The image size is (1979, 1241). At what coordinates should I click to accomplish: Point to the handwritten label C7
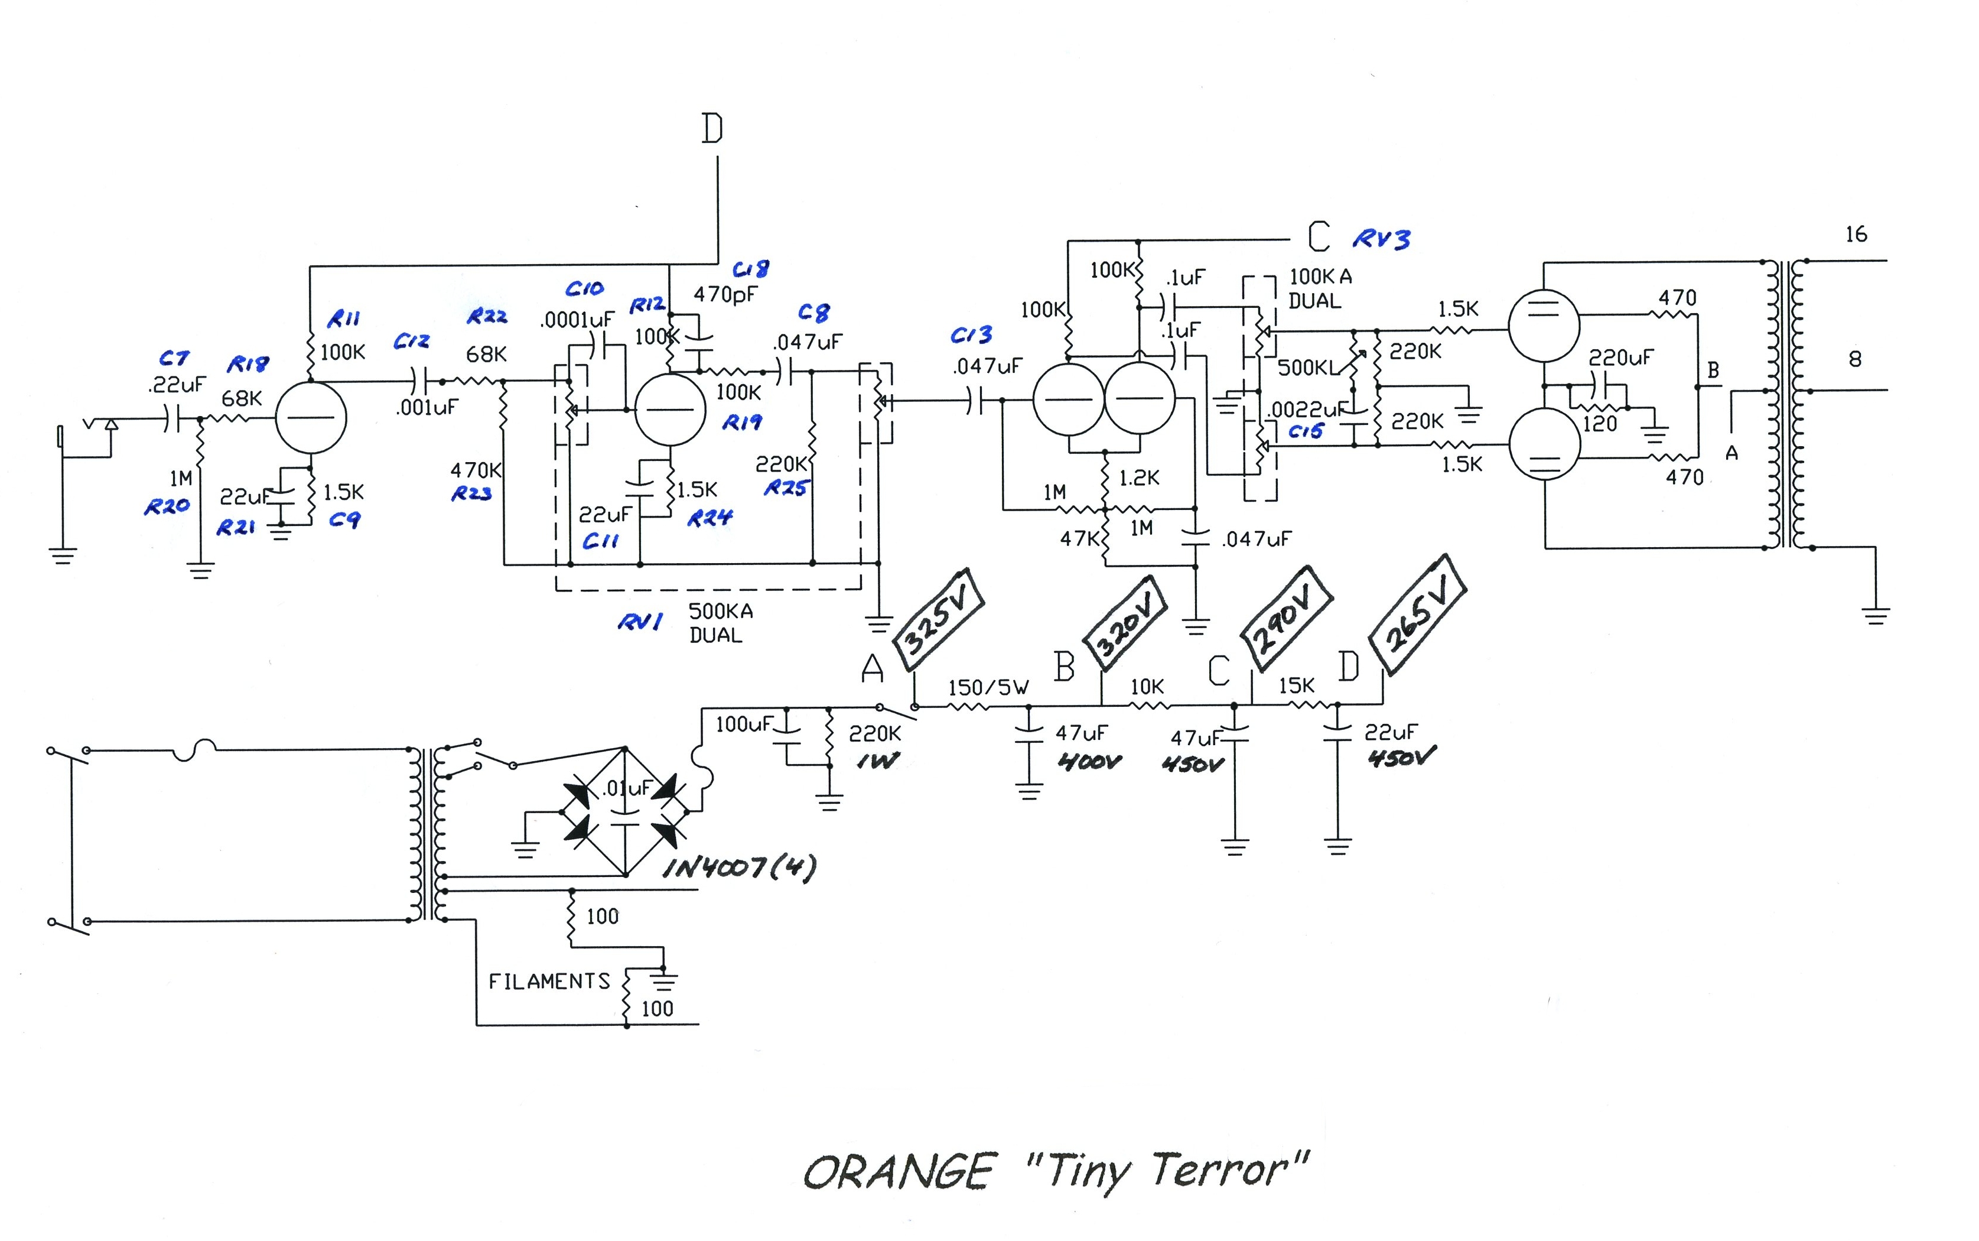(x=174, y=358)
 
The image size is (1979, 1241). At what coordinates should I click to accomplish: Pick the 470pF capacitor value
(x=725, y=294)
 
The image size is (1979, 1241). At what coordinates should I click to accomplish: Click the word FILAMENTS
(x=549, y=982)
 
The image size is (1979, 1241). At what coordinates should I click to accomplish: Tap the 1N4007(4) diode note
(x=738, y=868)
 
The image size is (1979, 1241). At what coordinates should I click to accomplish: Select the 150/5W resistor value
(x=988, y=688)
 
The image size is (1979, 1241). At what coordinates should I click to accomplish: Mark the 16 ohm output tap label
(x=1856, y=235)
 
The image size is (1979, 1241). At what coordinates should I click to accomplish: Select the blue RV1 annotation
(x=639, y=622)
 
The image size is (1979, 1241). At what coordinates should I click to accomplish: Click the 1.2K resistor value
(x=1139, y=477)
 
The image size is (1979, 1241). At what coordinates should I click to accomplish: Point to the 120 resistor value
(x=1599, y=424)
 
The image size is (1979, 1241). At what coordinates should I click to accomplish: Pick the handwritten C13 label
(x=971, y=335)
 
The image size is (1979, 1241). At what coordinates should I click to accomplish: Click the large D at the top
(x=712, y=129)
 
